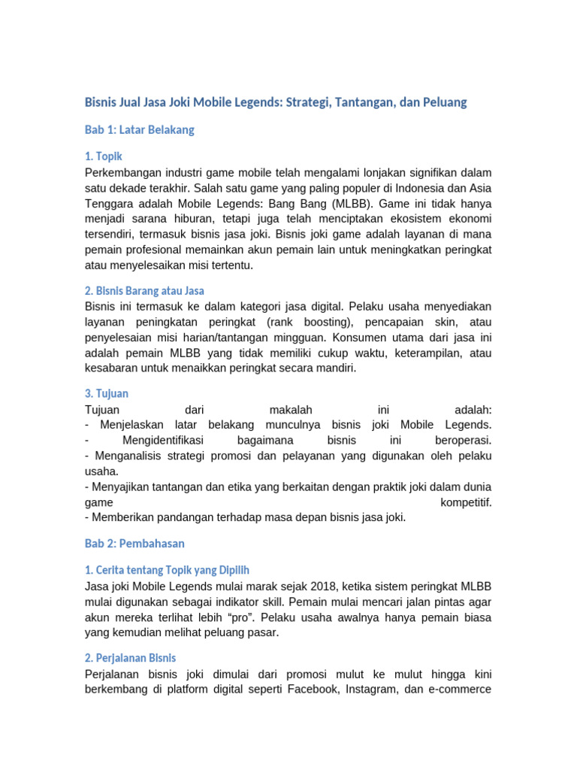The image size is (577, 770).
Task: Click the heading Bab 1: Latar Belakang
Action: [140, 129]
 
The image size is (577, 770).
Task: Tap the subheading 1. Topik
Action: [104, 156]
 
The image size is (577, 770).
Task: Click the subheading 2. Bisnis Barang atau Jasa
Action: [144, 290]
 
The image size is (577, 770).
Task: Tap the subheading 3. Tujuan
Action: [107, 393]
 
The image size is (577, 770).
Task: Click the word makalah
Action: [290, 410]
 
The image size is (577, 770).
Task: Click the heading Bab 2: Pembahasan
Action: [134, 543]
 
